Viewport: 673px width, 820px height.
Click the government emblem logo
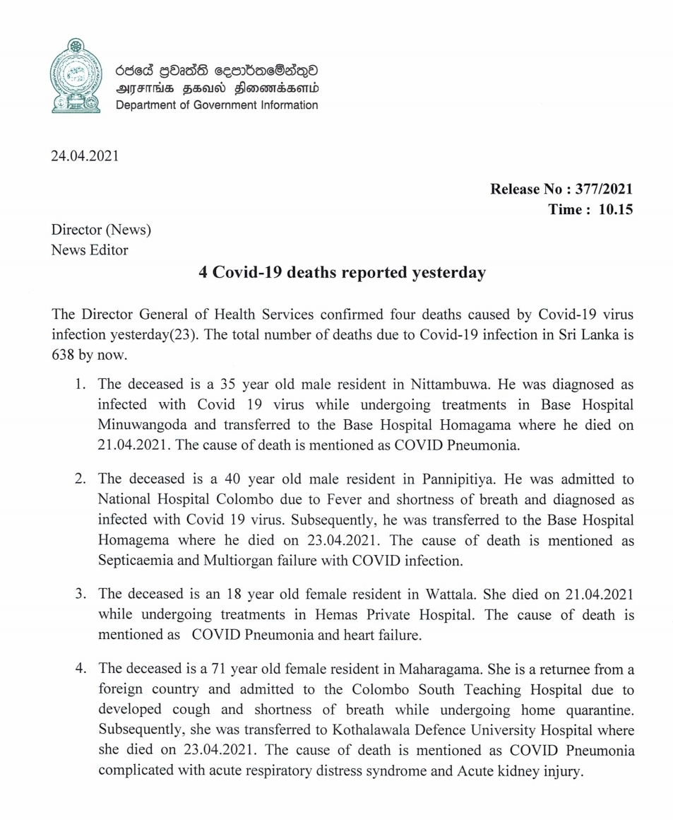[x=76, y=76]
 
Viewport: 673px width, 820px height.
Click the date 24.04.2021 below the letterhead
[x=85, y=155]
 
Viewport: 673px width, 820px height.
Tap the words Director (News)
[x=101, y=230]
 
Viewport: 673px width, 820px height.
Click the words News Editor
[x=90, y=250]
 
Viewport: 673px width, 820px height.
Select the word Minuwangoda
[x=138, y=426]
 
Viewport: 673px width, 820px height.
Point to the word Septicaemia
[x=135, y=561]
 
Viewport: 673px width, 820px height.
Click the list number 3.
[x=81, y=594]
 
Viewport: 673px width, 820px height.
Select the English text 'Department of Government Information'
[x=217, y=105]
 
